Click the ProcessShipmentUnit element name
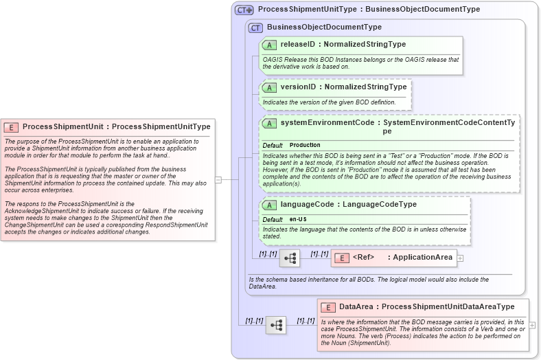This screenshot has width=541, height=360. tap(62, 127)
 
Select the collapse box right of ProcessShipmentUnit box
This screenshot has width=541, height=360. tap(218, 180)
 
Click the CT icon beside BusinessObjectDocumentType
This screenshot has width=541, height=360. tap(256, 27)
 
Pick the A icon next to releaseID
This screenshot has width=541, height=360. tap(270, 45)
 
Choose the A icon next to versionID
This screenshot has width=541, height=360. tap(270, 88)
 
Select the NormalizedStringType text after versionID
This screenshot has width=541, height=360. tap(365, 88)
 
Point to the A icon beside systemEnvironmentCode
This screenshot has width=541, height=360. tap(270, 124)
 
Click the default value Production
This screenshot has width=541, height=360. tap(305, 146)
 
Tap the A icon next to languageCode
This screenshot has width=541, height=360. tap(270, 205)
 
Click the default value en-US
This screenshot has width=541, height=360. tap(298, 219)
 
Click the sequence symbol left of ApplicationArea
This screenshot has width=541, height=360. tap(290, 258)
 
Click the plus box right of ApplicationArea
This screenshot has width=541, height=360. tap(460, 258)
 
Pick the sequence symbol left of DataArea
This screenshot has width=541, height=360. tap(276, 325)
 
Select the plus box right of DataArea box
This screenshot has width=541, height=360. tap(533, 325)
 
